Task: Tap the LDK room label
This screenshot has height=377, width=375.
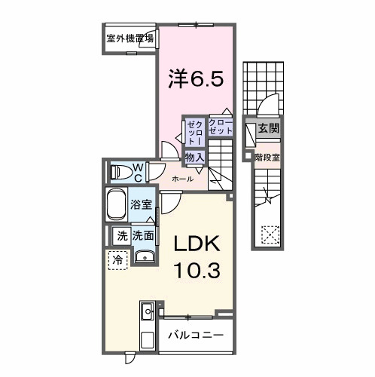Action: pos(197,245)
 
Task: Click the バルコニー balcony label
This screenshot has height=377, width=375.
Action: pos(194,334)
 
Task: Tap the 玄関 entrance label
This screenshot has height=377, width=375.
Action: pos(267,129)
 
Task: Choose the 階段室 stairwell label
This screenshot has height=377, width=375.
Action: pos(267,158)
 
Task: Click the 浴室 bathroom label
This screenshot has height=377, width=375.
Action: pos(140,204)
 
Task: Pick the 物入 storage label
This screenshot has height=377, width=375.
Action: pos(194,157)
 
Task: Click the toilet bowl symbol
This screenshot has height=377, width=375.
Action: pos(119,171)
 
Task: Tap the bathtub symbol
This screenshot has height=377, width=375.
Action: pos(117,205)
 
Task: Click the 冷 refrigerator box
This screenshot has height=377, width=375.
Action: pos(117,259)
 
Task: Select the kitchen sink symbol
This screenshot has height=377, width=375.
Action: pos(147,311)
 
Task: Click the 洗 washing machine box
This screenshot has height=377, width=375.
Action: pos(121,236)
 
